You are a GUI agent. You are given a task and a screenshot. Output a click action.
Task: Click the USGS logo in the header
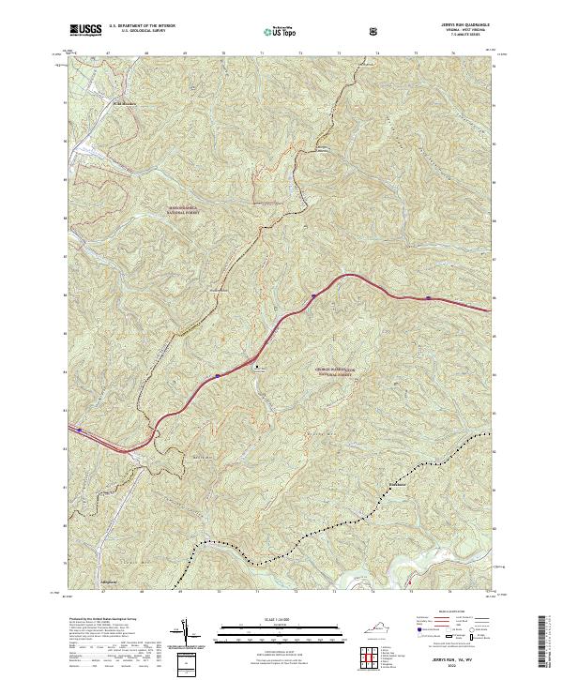click(x=86, y=30)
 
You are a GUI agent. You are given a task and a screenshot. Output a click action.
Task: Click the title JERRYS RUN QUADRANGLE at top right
click(x=464, y=25)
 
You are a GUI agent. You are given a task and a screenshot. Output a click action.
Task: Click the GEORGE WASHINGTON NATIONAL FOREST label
click(x=338, y=371)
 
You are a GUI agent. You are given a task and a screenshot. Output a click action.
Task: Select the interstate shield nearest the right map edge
click(x=429, y=299)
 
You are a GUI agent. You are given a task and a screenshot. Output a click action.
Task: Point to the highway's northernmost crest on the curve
click(x=351, y=274)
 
